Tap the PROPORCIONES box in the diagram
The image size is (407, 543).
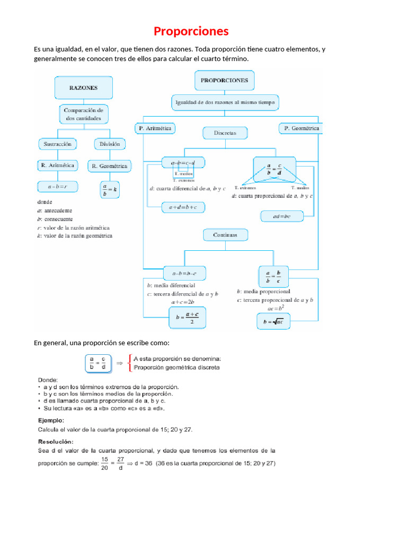click(225, 81)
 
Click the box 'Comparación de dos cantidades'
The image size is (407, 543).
click(83, 114)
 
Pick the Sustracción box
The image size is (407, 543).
click(57, 144)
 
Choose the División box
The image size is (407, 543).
click(110, 144)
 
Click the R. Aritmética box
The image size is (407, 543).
click(57, 165)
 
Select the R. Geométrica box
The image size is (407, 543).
click(110, 166)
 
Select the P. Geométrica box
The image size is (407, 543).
click(300, 128)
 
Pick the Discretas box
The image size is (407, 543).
click(225, 133)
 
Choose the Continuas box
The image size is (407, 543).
click(225, 234)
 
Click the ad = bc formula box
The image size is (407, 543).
click(282, 216)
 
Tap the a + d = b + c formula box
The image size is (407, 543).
click(183, 208)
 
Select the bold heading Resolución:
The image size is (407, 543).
click(56, 441)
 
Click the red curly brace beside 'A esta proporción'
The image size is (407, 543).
click(130, 363)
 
